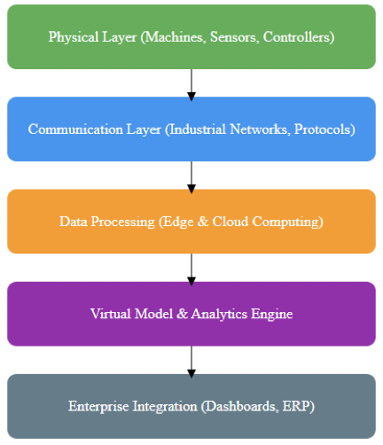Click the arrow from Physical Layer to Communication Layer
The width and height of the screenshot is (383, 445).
tap(191, 83)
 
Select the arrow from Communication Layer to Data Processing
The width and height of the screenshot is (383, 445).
tap(191, 176)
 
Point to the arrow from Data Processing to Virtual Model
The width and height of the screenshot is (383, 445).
tap(191, 268)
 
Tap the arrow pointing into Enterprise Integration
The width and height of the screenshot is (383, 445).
tap(191, 360)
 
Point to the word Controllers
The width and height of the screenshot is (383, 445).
tap(299, 38)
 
